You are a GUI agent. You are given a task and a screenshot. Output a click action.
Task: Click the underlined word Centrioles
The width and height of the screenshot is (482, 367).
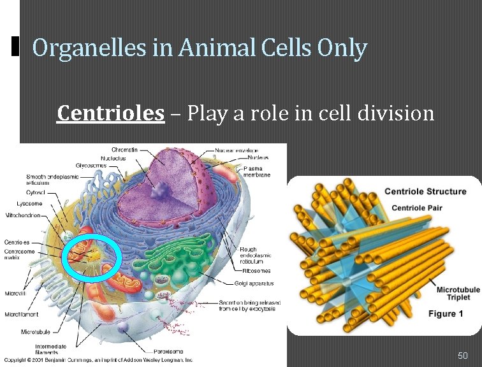point(110,113)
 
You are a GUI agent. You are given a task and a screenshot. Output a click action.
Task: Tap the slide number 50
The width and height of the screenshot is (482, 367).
point(463,355)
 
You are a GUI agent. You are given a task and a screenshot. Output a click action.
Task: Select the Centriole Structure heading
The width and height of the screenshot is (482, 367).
point(426,192)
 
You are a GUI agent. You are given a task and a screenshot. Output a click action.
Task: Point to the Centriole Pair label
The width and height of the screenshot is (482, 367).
point(425,208)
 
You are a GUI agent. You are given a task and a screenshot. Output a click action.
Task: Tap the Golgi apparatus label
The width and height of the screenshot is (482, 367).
point(254,283)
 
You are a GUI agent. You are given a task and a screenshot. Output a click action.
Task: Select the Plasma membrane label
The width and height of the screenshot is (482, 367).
point(257,171)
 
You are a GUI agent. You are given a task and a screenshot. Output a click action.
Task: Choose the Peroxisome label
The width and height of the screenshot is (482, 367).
point(168,351)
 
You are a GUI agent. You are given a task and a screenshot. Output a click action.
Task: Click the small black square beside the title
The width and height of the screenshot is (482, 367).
point(16,46)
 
